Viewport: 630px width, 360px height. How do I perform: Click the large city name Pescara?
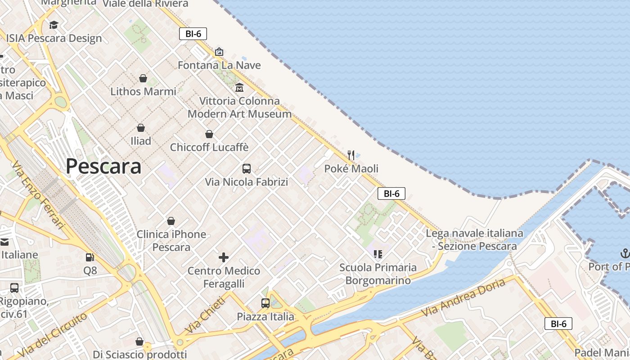click(x=103, y=166)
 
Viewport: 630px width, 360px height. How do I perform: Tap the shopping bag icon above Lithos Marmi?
click(x=143, y=78)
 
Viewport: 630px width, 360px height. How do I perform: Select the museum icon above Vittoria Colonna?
click(x=239, y=87)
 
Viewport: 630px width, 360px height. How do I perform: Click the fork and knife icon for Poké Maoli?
click(x=351, y=155)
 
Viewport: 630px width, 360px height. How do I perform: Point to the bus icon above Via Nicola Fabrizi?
click(x=247, y=169)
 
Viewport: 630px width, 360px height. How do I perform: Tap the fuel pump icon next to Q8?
click(x=90, y=257)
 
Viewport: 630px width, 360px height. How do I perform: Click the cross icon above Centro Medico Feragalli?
click(x=224, y=257)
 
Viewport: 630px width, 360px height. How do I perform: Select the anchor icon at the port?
click(x=625, y=253)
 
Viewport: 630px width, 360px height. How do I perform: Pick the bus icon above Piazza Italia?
click(x=265, y=303)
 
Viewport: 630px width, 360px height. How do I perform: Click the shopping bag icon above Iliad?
click(x=141, y=128)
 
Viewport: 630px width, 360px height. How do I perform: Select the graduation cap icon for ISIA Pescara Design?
click(x=54, y=25)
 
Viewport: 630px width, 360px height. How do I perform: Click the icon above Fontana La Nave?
click(x=219, y=52)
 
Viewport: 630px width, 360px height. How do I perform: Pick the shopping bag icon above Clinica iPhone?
click(x=171, y=221)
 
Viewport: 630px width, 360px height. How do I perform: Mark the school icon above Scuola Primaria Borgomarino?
click(x=378, y=254)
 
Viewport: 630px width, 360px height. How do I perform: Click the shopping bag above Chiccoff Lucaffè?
click(x=209, y=134)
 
